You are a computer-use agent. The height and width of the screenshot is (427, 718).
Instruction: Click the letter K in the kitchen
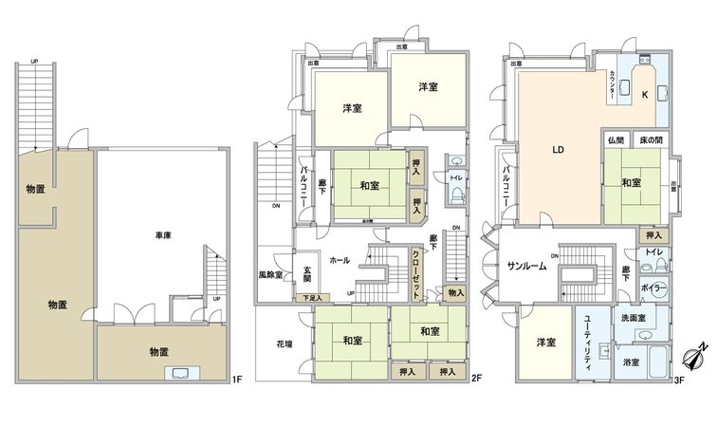click(x=644, y=95)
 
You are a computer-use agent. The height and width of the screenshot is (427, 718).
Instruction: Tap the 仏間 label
click(x=616, y=140)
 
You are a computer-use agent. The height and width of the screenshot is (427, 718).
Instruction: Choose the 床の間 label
click(x=649, y=140)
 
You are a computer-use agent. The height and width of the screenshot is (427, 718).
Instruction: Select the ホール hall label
click(x=339, y=259)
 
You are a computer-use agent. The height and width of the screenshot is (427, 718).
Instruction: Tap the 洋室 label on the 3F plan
click(x=543, y=343)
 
